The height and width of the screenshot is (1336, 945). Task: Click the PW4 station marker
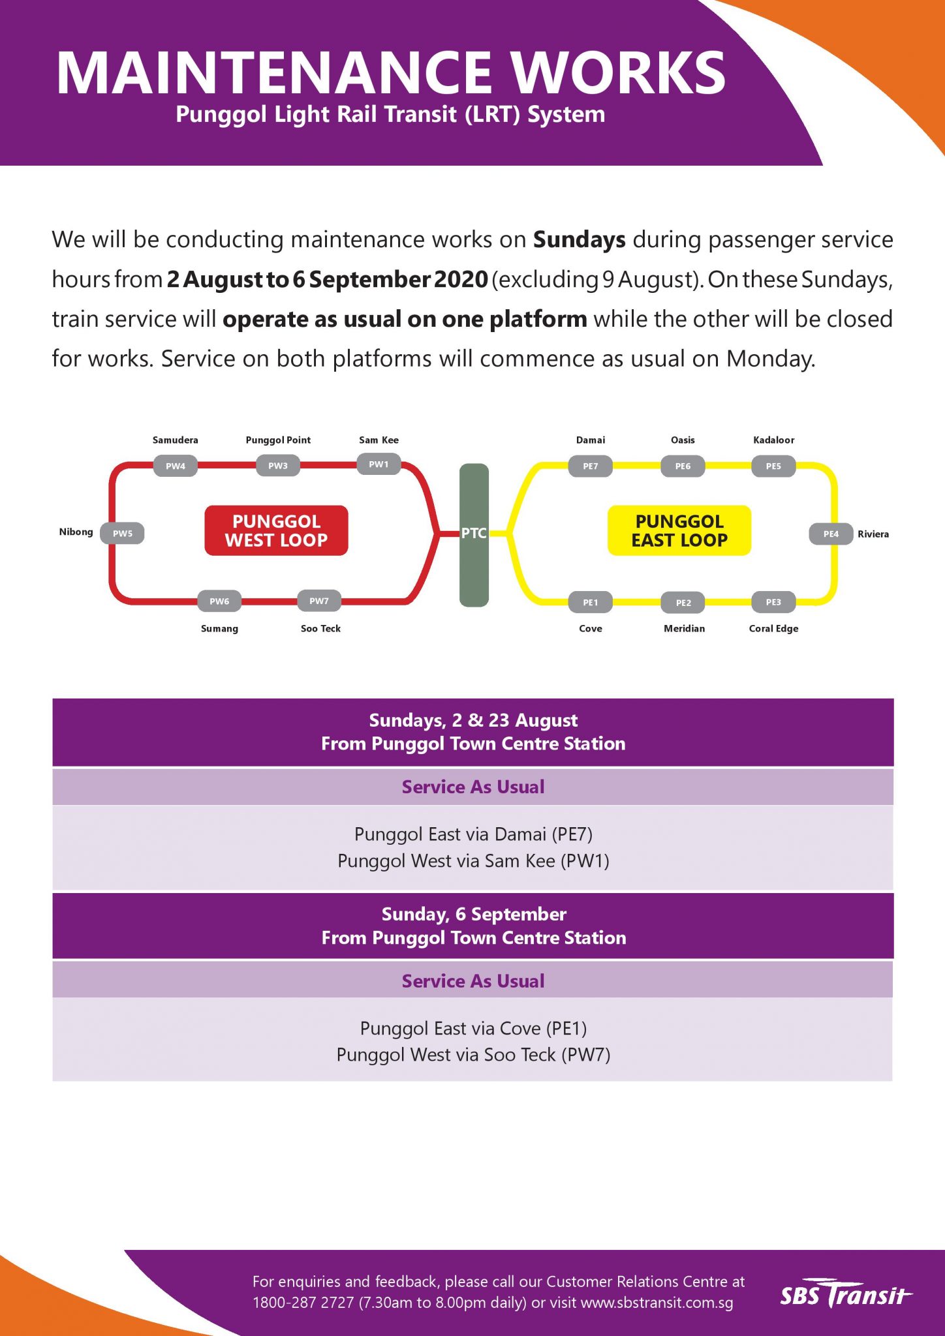coord(175,466)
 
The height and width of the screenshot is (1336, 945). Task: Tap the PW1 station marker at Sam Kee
coord(379,464)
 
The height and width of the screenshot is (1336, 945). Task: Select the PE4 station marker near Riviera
coord(831,534)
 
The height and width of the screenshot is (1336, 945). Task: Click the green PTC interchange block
coord(474,534)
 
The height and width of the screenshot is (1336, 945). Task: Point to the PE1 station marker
coord(590,602)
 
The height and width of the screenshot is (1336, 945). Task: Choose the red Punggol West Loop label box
coord(276,530)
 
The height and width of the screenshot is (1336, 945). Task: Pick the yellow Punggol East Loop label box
coord(679,530)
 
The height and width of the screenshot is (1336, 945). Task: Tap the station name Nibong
coord(76,532)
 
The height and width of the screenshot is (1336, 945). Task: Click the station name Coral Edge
coord(773,628)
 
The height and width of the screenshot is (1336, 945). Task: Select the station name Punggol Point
coord(278,440)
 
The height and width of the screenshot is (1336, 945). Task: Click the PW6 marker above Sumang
coord(219,601)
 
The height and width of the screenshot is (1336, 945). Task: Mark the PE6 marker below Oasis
coord(683,466)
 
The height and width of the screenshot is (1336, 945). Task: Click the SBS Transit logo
coord(846,1294)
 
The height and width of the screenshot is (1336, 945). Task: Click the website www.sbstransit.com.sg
coord(657,1303)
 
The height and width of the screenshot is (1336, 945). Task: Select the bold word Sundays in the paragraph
coord(579,240)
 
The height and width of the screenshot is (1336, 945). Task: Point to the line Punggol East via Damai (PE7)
coord(473,834)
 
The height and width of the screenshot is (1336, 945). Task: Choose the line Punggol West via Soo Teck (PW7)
coord(473,1055)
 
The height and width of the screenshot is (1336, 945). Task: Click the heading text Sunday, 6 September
coord(474,914)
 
